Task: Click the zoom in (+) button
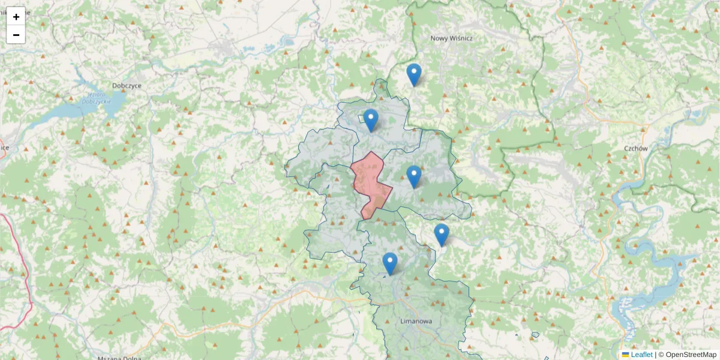pyautogui.click(x=16, y=17)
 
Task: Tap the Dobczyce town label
pyautogui.click(x=127, y=86)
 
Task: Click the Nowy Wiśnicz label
pyautogui.click(x=452, y=38)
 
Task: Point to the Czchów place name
pyautogui.click(x=635, y=148)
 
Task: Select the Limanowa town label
pyautogui.click(x=416, y=322)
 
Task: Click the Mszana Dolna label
pyautogui.click(x=120, y=358)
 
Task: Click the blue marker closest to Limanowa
pyautogui.click(x=390, y=263)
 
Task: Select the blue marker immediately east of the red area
pyautogui.click(x=413, y=176)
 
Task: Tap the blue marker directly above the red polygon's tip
pyautogui.click(x=371, y=119)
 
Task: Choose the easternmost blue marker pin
pyautogui.click(x=441, y=234)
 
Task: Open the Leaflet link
pyautogui.click(x=641, y=355)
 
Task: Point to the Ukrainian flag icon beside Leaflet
pyautogui.click(x=626, y=355)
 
